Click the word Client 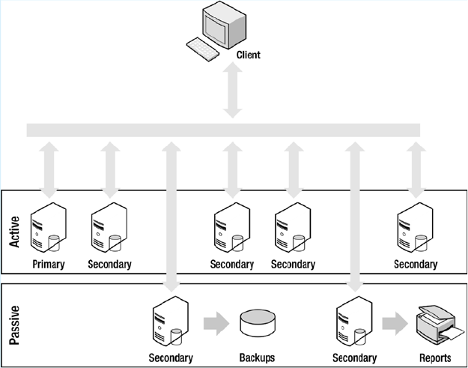[248, 55]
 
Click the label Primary [49, 264]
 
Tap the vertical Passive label [14, 324]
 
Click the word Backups [256, 358]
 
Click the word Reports [435, 358]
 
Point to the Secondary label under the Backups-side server [171, 358]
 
